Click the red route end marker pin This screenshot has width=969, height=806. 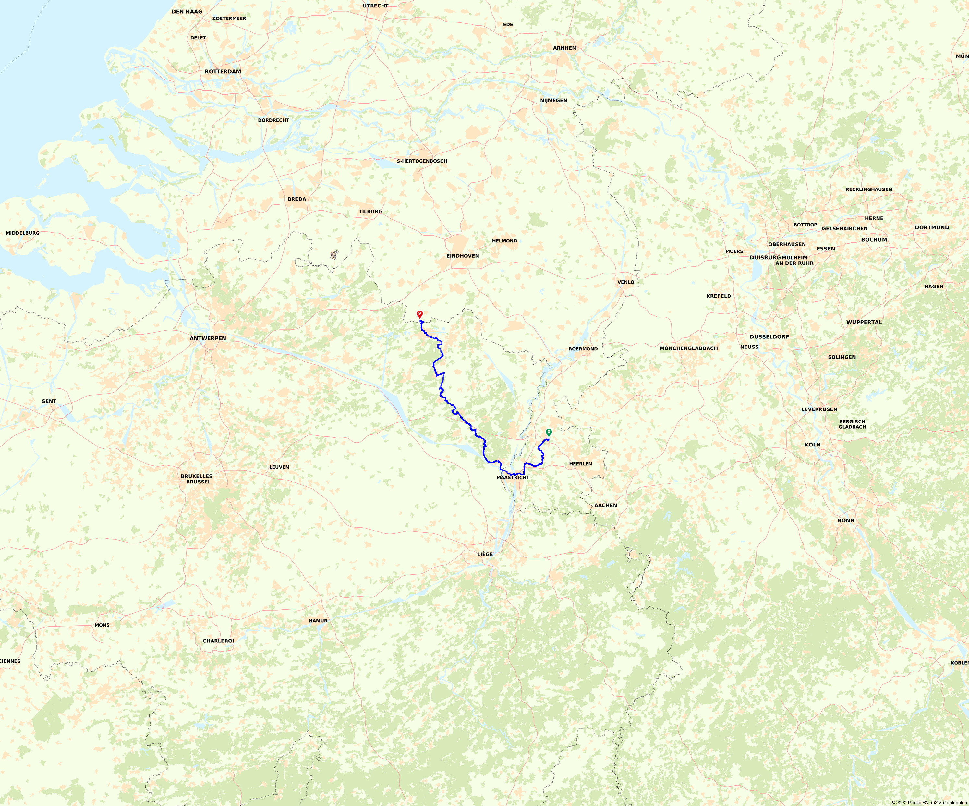[419, 314]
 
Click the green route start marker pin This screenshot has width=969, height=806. [549, 432]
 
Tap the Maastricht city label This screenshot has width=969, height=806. [513, 477]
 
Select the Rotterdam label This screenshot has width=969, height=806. [223, 72]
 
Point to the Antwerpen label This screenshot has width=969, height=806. [208, 338]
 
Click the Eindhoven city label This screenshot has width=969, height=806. [462, 256]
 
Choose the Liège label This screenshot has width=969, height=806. [485, 554]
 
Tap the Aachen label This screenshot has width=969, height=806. [605, 505]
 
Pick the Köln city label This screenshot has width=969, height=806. [813, 445]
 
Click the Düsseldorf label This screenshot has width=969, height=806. [769, 336]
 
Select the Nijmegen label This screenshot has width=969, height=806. [554, 100]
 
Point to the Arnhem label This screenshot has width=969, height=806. [565, 48]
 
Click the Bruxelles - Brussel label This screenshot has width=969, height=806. [197, 479]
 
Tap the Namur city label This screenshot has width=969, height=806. [318, 621]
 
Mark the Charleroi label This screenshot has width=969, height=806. [218, 641]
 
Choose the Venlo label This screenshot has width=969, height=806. [626, 282]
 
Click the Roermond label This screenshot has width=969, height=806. [583, 349]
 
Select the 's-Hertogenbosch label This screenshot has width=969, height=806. [422, 161]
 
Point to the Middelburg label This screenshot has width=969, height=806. [23, 233]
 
